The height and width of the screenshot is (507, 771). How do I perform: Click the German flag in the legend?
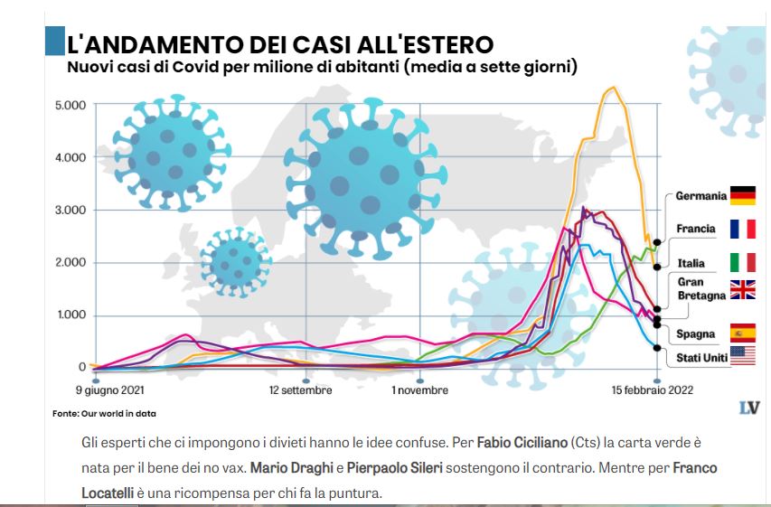pos(743,196)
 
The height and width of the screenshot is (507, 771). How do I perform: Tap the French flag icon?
pos(743,229)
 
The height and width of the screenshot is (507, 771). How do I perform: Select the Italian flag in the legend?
pos(743,263)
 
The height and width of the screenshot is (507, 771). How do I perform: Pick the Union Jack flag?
pos(743,289)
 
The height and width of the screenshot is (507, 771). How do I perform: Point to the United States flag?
pos(743,357)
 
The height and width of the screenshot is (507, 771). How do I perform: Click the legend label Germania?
pos(700,196)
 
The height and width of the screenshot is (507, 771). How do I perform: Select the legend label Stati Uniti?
pos(703,358)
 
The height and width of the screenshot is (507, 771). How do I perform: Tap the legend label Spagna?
pos(696,333)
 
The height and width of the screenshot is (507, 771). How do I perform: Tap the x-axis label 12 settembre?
pos(300,390)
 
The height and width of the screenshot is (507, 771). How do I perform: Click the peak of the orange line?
pos(613,88)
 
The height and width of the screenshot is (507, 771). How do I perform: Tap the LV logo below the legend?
pos(747,408)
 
